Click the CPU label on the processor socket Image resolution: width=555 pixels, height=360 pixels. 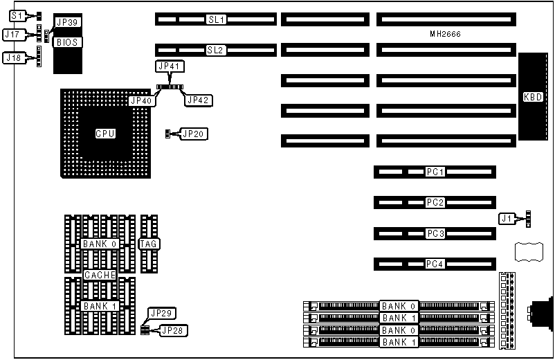[x=105, y=133]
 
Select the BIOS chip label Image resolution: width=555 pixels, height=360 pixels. [x=69, y=42]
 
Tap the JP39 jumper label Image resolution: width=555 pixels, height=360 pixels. [x=69, y=22]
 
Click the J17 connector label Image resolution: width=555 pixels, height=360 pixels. [x=12, y=33]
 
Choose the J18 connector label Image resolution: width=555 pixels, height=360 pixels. [x=12, y=58]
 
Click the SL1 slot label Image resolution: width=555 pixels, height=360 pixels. [x=217, y=19]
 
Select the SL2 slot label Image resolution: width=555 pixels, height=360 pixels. [x=217, y=50]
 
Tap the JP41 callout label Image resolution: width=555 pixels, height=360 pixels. [x=168, y=66]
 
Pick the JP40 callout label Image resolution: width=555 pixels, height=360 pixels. [x=141, y=100]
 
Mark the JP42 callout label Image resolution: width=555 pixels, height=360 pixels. [x=199, y=100]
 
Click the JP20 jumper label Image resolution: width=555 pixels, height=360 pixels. [x=194, y=133]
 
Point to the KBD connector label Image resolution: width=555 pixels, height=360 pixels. [x=533, y=97]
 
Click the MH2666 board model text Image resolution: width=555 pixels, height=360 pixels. [x=445, y=35]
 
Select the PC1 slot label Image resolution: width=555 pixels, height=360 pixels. [x=435, y=171]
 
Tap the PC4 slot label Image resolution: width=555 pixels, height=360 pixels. [x=435, y=264]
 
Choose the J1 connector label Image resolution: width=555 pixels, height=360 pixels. [x=507, y=219]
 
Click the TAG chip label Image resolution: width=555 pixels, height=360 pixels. [x=149, y=244]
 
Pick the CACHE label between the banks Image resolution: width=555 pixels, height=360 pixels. [x=99, y=275]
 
